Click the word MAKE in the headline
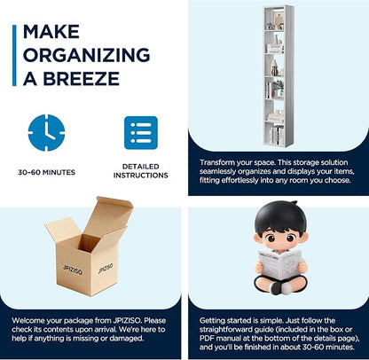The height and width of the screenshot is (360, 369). click(51, 32)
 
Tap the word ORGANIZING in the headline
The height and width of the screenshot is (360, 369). click(86, 55)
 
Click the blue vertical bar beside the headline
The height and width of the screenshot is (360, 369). click(14, 56)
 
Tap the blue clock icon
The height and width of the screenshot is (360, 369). click(46, 133)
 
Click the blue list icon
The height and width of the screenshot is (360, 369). click(141, 133)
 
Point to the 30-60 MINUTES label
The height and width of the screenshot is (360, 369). click(47, 172)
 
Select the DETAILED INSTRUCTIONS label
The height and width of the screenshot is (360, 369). click(141, 171)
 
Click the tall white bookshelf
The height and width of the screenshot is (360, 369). click(279, 75)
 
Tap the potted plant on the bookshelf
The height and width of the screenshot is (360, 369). click(279, 88)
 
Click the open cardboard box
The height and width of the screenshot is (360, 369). click(89, 247)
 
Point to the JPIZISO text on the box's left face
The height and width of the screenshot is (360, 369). click(73, 270)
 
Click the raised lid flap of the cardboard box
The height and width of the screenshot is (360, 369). click(109, 215)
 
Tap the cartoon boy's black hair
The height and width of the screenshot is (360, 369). click(280, 217)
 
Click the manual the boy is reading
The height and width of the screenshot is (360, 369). click(279, 264)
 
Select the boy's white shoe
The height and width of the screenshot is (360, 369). click(287, 287)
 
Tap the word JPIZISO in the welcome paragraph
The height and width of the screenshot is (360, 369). click(128, 320)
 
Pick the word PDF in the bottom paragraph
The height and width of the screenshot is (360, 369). click(207, 338)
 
